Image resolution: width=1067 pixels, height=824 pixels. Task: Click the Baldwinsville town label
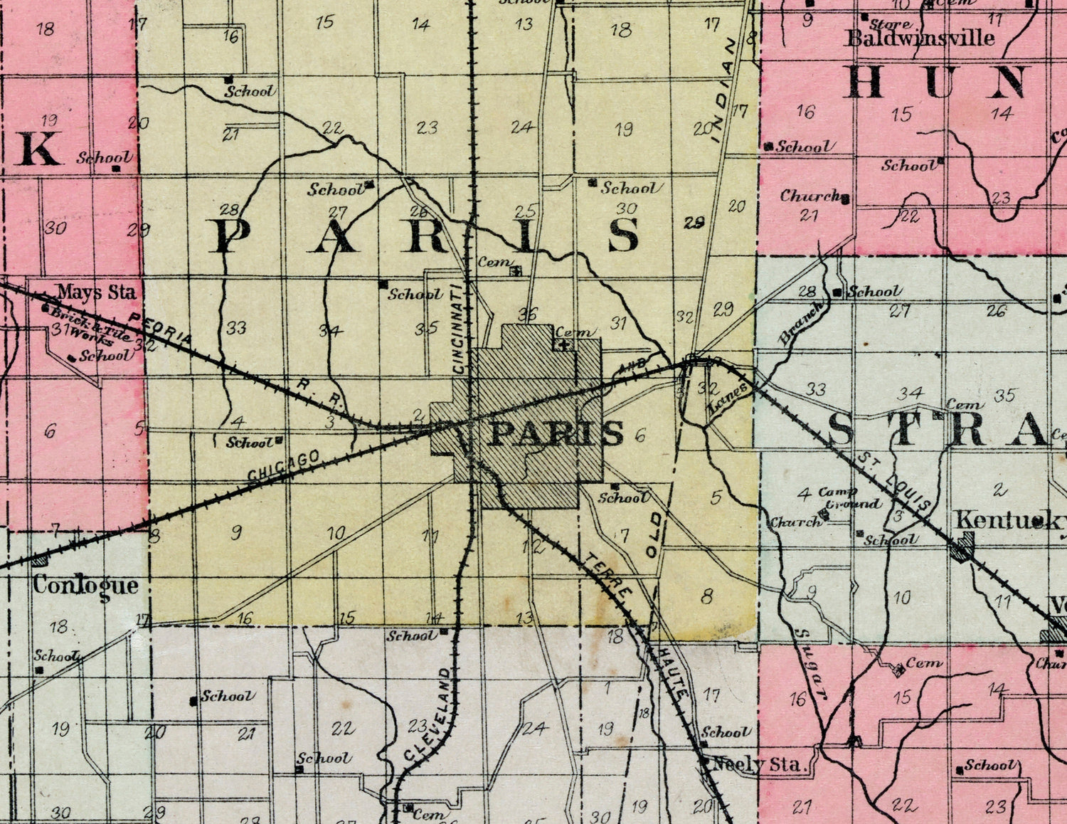pyautogui.click(x=919, y=38)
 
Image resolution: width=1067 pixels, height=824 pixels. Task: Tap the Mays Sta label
pyautogui.click(x=96, y=292)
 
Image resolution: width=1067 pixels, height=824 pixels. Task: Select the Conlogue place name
pyautogui.click(x=85, y=586)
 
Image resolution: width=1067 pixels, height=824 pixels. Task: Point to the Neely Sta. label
pyautogui.click(x=758, y=766)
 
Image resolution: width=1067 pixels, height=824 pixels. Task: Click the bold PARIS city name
pyautogui.click(x=557, y=433)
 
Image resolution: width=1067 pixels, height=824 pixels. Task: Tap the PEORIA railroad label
pyautogui.click(x=161, y=327)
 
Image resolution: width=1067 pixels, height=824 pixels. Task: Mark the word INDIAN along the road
pyautogui.click(x=724, y=91)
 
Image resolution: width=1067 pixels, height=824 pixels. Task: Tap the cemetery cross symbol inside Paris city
pyautogui.click(x=565, y=347)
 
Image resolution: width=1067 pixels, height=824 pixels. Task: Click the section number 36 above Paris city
pyautogui.click(x=528, y=314)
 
